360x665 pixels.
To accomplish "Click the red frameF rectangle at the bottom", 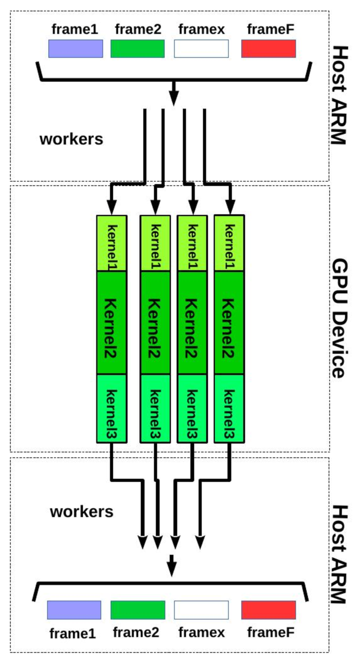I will tap(268, 610).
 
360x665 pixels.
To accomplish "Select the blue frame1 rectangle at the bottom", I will tap(74, 610).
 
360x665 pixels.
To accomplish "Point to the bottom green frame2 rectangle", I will tap(138, 610).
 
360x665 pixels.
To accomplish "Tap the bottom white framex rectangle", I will tap(201, 610).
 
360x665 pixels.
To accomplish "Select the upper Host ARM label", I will tap(338, 95).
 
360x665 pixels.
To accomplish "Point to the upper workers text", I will tap(71, 139).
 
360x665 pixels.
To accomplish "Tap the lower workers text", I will tap(81, 511).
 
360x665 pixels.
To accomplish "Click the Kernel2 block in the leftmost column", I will tap(111, 322).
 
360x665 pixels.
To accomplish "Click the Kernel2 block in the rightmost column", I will tap(229, 322).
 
